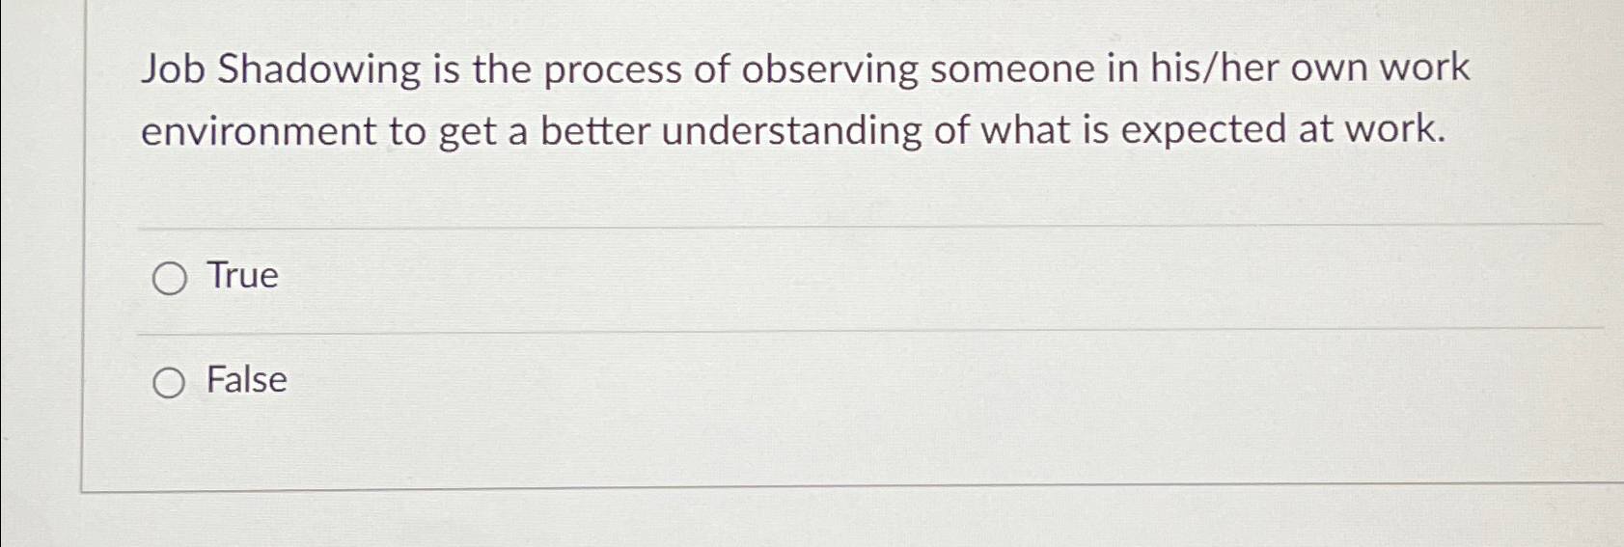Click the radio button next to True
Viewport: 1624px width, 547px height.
click(x=169, y=279)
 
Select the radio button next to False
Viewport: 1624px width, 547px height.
click(x=169, y=383)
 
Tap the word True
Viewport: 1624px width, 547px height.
click(x=243, y=276)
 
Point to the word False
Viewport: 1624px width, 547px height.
click(x=247, y=380)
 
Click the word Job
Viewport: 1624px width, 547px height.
click(x=173, y=69)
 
